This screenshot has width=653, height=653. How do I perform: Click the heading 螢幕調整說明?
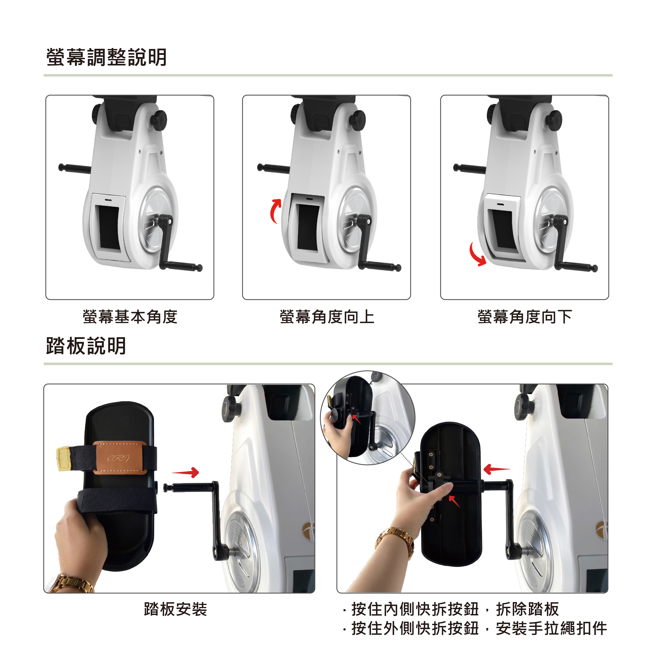pyautogui.click(x=106, y=57)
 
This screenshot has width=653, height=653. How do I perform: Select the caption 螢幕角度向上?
pyautogui.click(x=327, y=317)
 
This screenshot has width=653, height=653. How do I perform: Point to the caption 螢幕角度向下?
pyautogui.click(x=524, y=317)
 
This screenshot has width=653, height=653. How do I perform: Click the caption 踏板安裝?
pyautogui.click(x=175, y=609)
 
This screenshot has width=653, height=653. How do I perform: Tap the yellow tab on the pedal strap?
pyautogui.click(x=63, y=458)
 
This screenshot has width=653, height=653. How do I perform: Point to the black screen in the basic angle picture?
pyautogui.click(x=109, y=227)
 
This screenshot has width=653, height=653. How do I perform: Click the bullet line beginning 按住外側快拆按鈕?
pyautogui.click(x=475, y=629)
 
